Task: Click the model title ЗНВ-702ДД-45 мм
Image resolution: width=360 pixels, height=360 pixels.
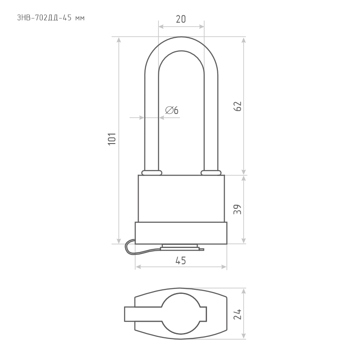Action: coord(51,18)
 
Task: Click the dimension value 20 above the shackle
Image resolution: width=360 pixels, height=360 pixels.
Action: coord(181,19)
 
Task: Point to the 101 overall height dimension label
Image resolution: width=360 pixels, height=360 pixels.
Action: coord(112,139)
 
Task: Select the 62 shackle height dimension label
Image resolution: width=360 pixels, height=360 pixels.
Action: coord(238,106)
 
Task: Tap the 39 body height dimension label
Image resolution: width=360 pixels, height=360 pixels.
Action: coord(238,209)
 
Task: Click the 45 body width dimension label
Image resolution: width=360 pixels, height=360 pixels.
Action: coord(181,261)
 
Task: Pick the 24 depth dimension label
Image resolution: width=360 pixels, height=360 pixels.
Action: coord(238,314)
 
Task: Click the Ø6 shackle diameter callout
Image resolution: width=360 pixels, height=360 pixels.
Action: coord(172,110)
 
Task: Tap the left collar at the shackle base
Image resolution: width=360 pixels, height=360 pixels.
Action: coord(152,173)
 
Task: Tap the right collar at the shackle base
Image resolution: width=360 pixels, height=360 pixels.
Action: coord(211,173)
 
